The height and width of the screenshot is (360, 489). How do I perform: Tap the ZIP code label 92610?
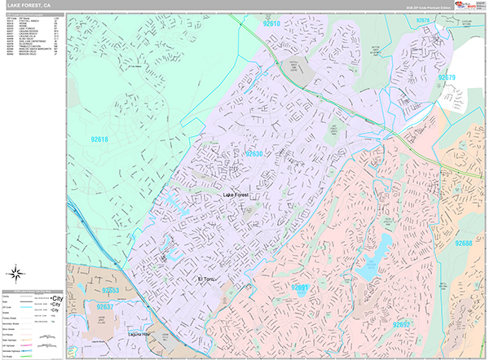tap(272, 25)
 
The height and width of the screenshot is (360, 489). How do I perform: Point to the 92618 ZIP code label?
tap(99, 139)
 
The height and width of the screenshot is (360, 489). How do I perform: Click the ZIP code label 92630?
tap(253, 154)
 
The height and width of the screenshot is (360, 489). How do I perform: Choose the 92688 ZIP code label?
tap(463, 244)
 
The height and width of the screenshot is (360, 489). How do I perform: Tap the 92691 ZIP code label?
tap(300, 288)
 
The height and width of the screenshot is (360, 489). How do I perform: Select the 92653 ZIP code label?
tap(111, 290)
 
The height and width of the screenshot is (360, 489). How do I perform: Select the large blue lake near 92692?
tap(374, 254)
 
